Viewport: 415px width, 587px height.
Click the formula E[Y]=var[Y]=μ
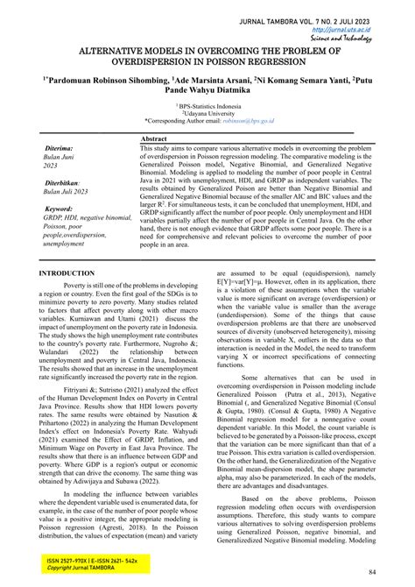250,284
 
